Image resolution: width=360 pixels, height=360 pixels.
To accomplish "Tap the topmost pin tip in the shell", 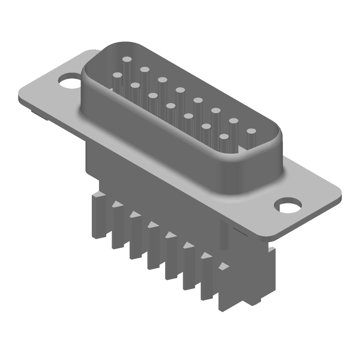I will tap(127, 59).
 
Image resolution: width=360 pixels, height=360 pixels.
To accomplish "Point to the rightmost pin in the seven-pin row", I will tap(224, 136).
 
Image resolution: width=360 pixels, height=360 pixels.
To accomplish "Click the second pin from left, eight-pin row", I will tap(144, 70).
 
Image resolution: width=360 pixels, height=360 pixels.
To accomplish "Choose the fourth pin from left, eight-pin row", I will tap(180, 90).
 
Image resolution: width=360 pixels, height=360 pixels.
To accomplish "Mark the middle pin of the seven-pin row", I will tap(171, 106).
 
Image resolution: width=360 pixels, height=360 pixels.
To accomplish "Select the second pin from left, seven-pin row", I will tap(135, 85).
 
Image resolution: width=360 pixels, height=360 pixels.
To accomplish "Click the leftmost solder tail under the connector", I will tap(100, 216).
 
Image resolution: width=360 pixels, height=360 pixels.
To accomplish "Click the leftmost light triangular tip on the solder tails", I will tap(117, 204).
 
